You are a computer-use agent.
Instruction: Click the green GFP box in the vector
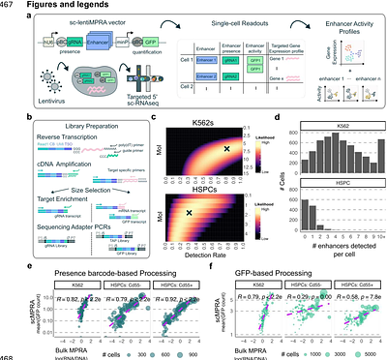(123, 44)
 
